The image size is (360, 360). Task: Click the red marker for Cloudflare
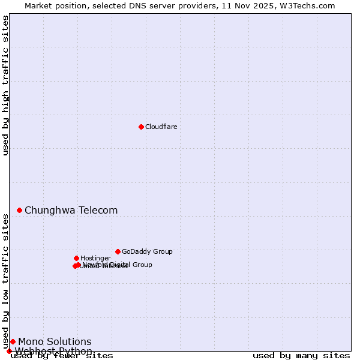141,127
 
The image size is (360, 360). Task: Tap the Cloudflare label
161,127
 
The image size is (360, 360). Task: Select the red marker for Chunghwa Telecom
19,210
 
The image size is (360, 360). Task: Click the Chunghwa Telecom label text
71,210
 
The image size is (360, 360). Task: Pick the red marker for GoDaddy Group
118,251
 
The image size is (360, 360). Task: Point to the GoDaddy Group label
147,251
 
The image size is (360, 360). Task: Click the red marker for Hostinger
76,258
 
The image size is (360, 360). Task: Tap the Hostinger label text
95,258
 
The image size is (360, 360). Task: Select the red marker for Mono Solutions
13,341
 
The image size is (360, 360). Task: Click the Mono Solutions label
55,341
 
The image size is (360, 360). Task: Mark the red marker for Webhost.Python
9,351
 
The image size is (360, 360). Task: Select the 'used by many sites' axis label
301,355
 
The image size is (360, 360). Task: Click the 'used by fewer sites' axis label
62,355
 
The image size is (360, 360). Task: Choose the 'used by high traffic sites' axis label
5,85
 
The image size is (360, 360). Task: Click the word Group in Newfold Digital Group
141,265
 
